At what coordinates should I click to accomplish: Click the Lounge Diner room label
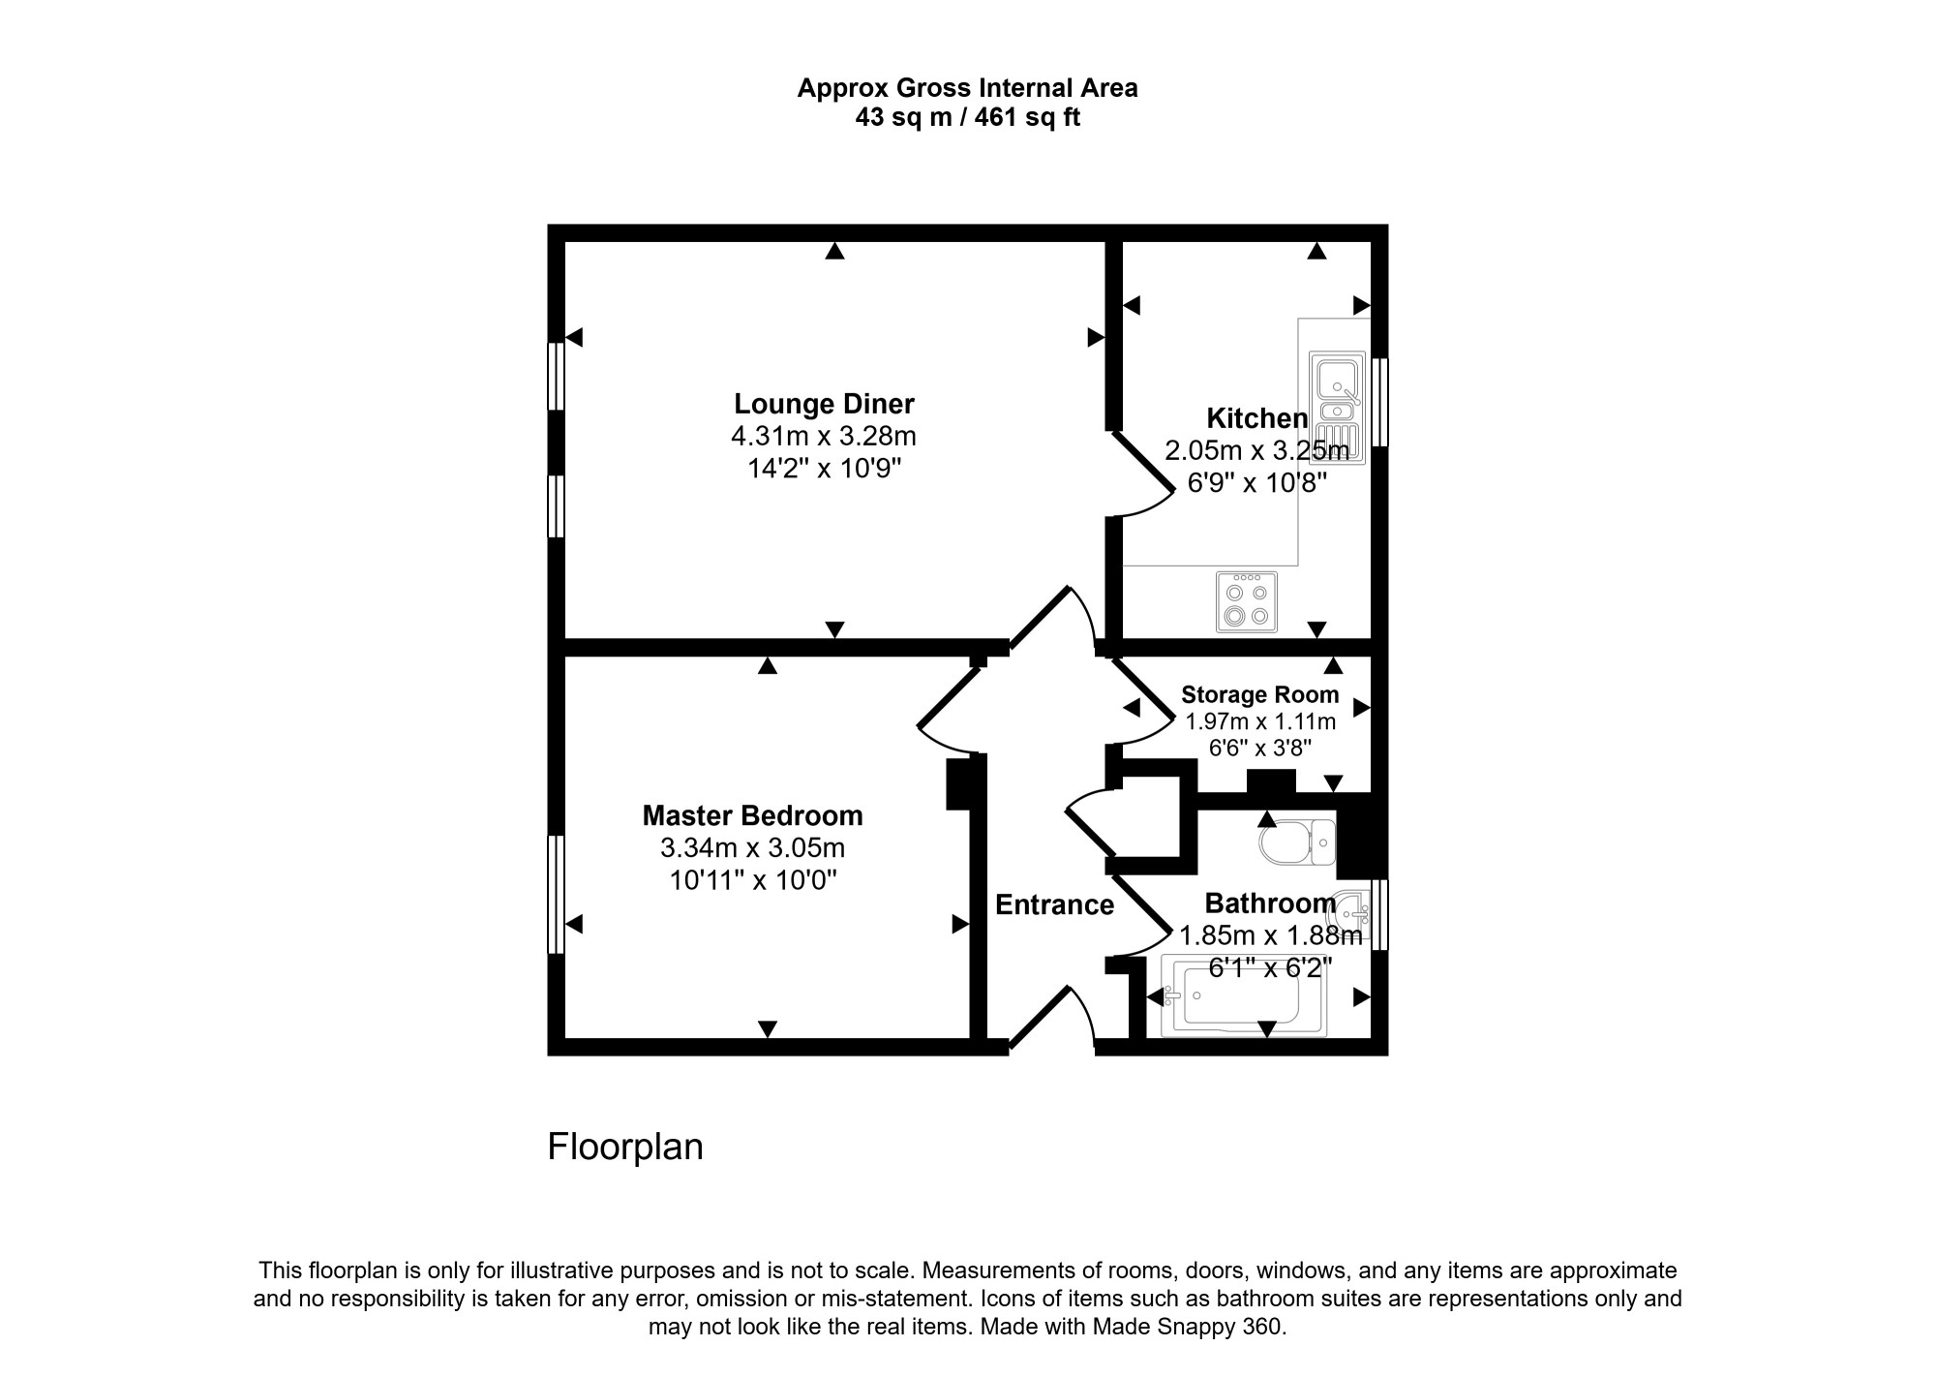pos(824,404)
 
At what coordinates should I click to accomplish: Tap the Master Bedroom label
pos(752,816)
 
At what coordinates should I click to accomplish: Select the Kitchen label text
pos(1256,418)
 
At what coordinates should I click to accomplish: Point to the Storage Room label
pos(1259,694)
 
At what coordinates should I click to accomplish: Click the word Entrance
pos(1054,904)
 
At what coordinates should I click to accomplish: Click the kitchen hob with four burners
pos(1246,601)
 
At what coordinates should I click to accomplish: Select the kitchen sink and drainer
pos(1337,408)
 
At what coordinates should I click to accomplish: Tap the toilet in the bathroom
pos(1297,842)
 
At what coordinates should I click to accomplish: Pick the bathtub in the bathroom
pos(1243,996)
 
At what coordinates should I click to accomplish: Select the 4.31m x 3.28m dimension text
pos(824,436)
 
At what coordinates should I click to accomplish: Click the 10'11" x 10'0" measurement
pos(752,880)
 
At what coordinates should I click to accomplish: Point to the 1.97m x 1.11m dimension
pos(1259,721)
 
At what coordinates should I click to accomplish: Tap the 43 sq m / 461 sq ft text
pos(967,118)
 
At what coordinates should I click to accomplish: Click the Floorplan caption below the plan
pos(625,1147)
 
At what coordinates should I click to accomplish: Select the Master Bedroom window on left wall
pos(556,895)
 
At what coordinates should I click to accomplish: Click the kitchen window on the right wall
pos(1380,402)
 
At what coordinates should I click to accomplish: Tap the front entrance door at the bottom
pos(1050,1017)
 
